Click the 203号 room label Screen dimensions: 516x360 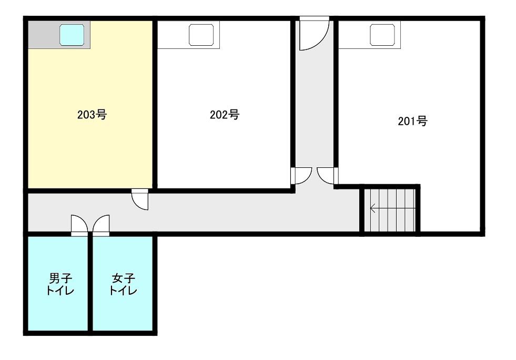(92, 115)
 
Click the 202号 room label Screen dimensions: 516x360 (225, 115)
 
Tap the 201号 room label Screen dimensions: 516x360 (413, 121)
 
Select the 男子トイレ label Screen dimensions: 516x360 (60, 284)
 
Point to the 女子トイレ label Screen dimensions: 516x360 (124, 284)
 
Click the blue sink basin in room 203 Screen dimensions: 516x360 (72, 35)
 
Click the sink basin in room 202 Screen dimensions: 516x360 (201, 35)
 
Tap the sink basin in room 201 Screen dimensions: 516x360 (382, 35)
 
